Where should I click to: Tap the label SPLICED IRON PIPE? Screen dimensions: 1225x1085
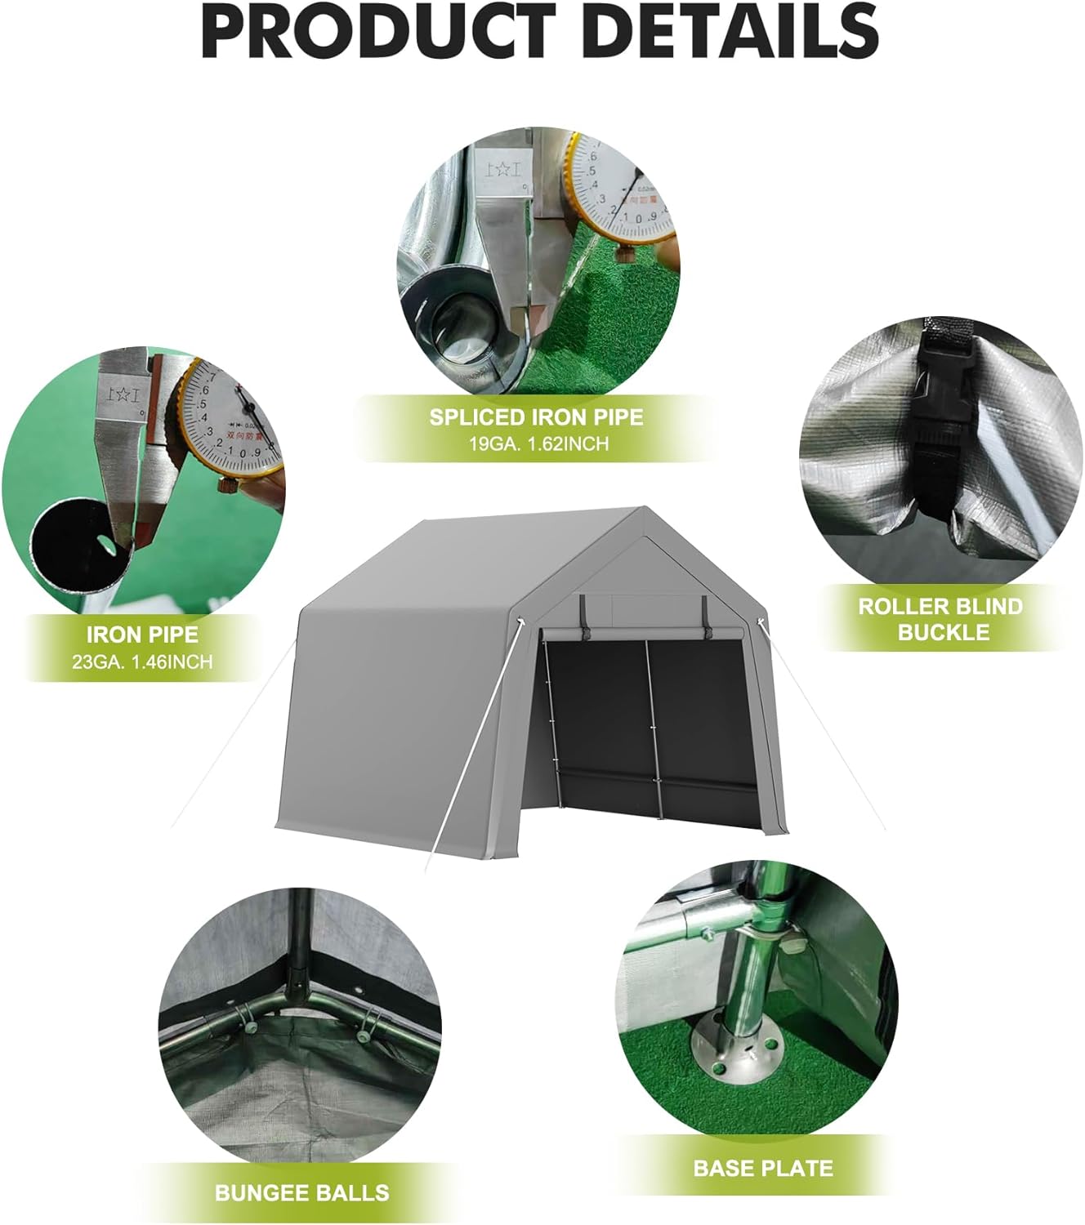click(536, 417)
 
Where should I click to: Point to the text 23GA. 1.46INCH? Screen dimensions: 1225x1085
click(142, 661)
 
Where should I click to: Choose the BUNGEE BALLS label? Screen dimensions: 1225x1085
click(301, 1192)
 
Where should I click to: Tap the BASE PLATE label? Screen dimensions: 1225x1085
click(762, 1167)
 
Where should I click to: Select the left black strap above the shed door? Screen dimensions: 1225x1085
click(583, 612)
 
